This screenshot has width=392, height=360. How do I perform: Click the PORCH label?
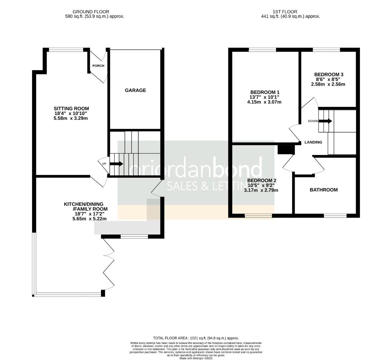coord(98,66)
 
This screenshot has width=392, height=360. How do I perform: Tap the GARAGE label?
coord(135,90)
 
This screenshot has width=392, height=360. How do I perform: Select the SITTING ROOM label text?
coord(71,108)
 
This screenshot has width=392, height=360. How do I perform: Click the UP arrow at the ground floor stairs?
coord(116,164)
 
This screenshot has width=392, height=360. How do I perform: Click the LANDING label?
coord(313,142)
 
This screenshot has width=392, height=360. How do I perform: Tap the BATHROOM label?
coord(324,190)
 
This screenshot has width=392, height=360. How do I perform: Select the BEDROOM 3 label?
coord(329,75)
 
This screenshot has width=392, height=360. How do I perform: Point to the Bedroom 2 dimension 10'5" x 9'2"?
coord(261,185)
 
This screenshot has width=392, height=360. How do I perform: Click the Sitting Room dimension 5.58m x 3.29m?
coord(71,118)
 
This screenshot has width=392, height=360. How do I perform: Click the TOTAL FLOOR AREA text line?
coord(196,338)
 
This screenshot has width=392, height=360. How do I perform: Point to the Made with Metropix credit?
coord(196,358)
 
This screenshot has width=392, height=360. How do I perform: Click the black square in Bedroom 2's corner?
coord(285,150)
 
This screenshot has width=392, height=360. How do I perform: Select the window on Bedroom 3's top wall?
coord(326,50)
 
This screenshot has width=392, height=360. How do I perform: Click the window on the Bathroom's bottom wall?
coord(335,216)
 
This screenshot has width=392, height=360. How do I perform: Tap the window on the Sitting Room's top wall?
coord(66,50)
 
